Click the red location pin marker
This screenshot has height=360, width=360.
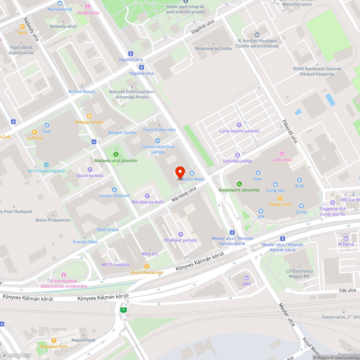coord(180,172)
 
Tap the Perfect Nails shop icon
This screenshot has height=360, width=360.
coord(192,173)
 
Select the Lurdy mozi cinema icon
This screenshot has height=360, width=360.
coord(282,153)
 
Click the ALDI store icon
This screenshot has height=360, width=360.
coord(299,180)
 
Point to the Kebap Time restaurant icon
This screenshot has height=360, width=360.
coord(280,198)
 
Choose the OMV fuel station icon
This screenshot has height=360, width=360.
coord(246,278)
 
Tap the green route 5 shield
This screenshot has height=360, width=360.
coord(123,310)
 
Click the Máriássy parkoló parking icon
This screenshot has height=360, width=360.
coord(147,196)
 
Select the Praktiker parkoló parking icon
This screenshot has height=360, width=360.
coord(181,234)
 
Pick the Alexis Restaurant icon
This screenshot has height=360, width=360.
coord(147,266)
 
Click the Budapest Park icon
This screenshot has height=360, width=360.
coord(54,341)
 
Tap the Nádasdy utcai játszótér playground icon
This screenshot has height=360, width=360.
coord(116,154)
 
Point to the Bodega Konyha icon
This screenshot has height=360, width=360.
coord(89,116)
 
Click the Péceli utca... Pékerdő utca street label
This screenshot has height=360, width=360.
coord(290,131)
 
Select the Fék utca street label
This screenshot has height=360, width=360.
coord(347,290)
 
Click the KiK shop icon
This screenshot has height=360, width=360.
coord(261,211)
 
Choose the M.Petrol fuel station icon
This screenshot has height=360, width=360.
coord(346,238)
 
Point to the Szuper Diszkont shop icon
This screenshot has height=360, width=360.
coord(114,189)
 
